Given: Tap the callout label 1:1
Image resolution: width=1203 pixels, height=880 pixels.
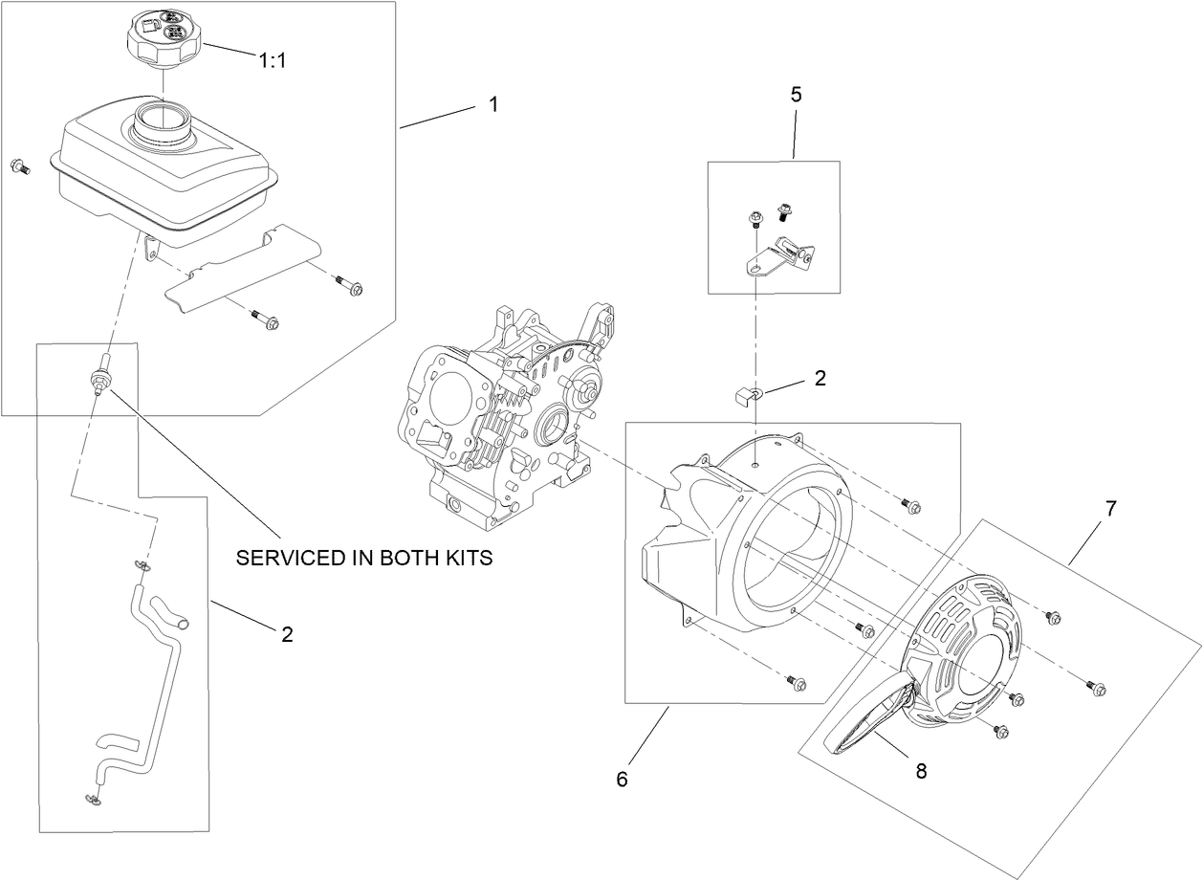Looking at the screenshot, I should click(273, 60).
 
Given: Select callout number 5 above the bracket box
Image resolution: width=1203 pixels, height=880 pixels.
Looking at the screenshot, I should click(796, 95).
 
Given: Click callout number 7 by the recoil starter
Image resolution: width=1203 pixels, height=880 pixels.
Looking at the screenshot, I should click(1110, 509).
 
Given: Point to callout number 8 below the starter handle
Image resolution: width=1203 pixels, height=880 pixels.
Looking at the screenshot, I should click(921, 771).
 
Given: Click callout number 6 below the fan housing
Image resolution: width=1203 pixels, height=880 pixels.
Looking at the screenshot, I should click(622, 780).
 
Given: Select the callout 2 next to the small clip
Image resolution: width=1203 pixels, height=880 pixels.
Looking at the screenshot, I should click(820, 378).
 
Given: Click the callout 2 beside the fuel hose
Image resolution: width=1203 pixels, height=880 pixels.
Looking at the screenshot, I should click(287, 633).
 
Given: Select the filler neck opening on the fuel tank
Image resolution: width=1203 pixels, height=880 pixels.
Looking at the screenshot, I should click(164, 122).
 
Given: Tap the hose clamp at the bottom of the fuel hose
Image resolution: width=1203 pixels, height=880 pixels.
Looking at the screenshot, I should click(92, 796).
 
